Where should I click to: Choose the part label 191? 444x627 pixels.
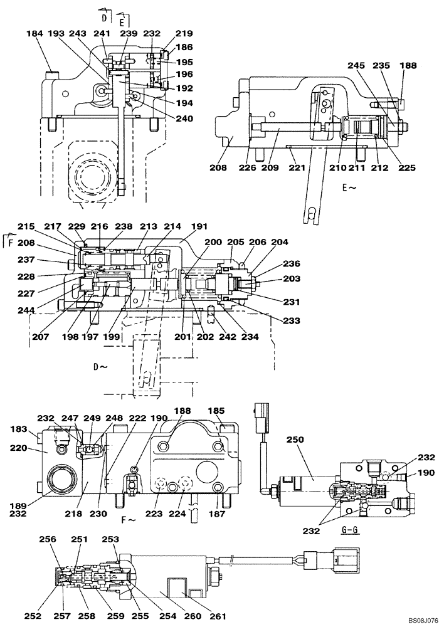[199, 228]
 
